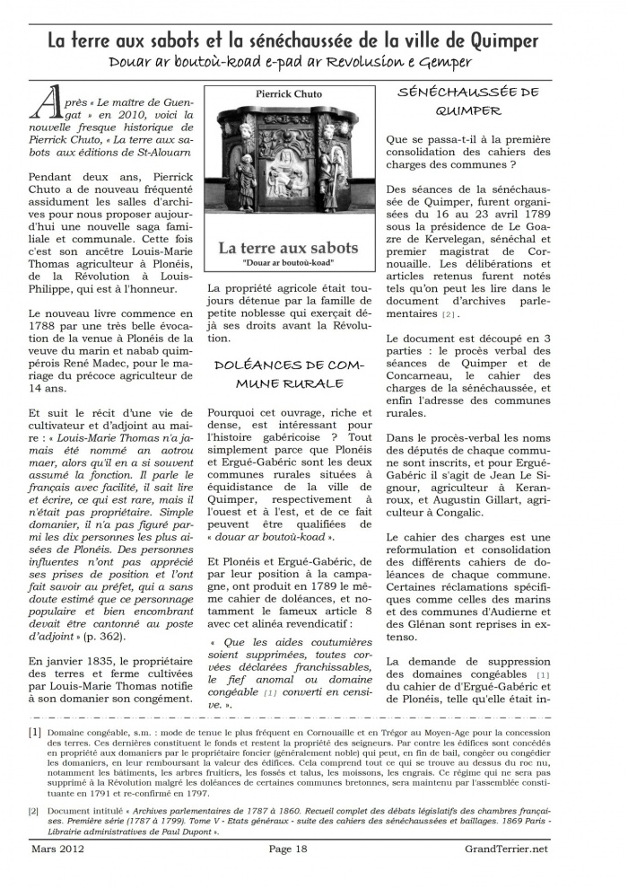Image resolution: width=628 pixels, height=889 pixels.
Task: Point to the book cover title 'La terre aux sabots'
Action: (x=288, y=247)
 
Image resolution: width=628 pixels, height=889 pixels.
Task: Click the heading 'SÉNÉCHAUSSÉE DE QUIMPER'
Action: (x=467, y=101)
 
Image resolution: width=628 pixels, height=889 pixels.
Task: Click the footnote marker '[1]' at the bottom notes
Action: (x=34, y=732)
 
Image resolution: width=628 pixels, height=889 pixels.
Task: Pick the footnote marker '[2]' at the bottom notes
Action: (x=34, y=811)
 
